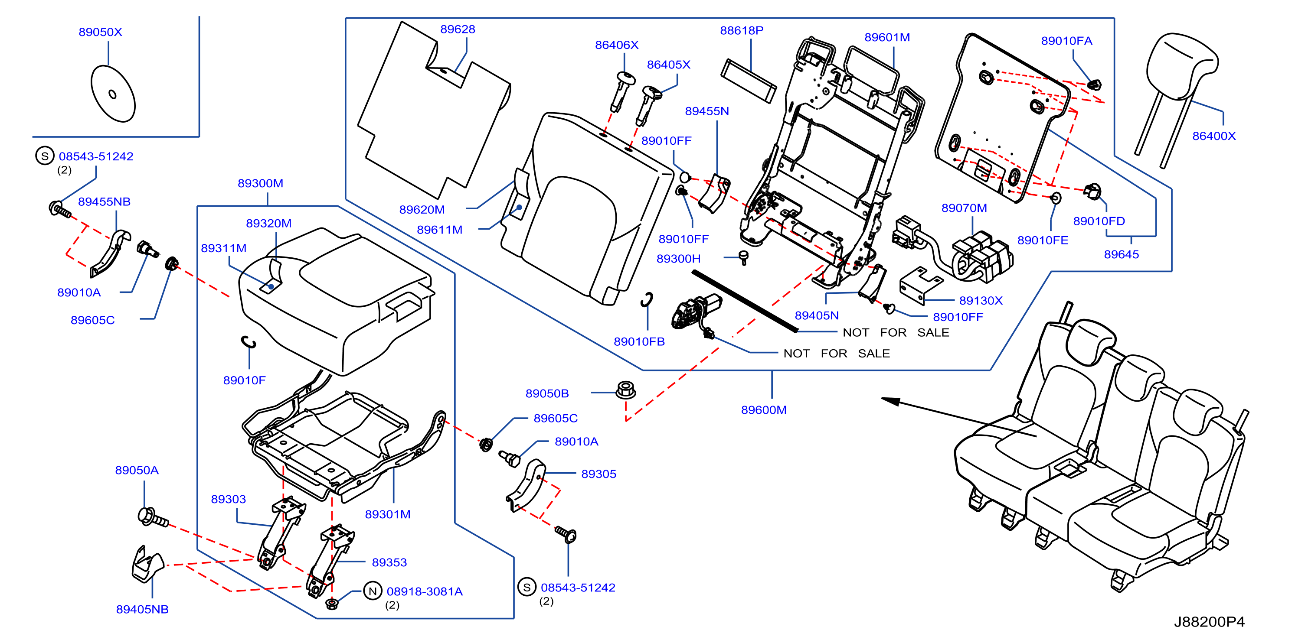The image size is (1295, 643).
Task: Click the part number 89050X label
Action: (100, 32)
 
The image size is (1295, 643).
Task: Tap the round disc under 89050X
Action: (113, 94)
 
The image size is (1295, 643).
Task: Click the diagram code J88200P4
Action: (1209, 622)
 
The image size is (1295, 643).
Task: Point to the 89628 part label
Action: (458, 29)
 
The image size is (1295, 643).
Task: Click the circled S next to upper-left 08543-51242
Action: (45, 156)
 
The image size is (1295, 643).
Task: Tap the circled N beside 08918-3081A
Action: (373, 591)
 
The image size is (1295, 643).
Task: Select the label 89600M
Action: (764, 410)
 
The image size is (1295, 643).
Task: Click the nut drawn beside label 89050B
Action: (625, 390)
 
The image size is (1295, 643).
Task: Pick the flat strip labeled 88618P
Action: (749, 81)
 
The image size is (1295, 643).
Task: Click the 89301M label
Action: (388, 514)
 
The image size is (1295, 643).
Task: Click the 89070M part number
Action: (964, 208)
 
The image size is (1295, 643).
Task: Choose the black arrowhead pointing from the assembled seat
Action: (891, 401)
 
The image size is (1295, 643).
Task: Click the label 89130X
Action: (981, 300)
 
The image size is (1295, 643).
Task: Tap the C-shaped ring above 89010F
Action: (249, 342)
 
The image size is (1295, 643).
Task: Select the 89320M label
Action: (268, 223)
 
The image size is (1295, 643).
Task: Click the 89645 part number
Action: (1122, 254)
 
